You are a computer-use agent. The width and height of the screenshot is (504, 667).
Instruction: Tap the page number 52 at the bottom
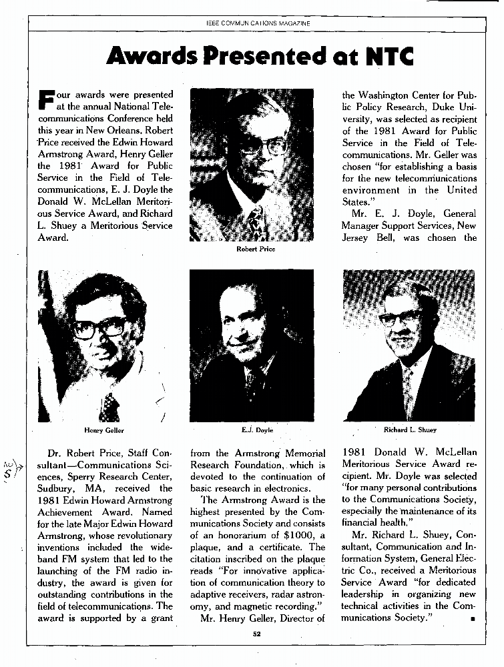[x=256, y=634]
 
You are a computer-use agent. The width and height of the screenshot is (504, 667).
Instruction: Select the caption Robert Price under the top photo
[x=256, y=249]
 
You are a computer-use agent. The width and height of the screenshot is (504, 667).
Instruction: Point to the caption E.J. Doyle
[x=257, y=430]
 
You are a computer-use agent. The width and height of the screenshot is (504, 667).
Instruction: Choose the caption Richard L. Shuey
[x=410, y=430]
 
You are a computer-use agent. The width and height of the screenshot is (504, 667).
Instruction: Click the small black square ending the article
[x=472, y=620]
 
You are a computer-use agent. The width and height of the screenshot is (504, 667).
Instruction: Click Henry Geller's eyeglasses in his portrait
[x=100, y=328]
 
